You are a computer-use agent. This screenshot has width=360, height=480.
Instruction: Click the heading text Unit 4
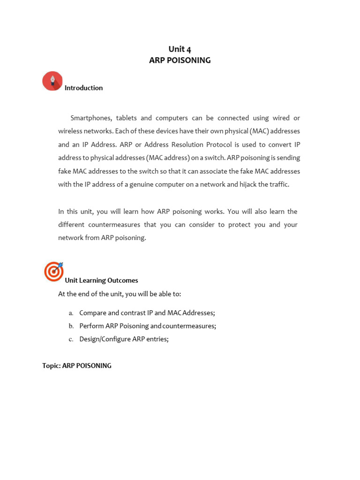pyautogui.click(x=180, y=49)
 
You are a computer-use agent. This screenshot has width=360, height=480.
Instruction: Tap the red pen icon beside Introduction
pyautogui.click(x=52, y=81)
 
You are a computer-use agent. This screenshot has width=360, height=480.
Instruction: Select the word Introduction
pyautogui.click(x=83, y=88)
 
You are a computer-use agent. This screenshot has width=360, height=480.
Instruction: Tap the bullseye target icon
pyautogui.click(x=53, y=271)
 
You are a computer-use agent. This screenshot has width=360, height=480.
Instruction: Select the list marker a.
pyautogui.click(x=71, y=313)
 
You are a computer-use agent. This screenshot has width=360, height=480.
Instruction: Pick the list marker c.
pyautogui.click(x=71, y=339)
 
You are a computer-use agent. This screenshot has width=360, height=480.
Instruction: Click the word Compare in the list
pyautogui.click(x=93, y=313)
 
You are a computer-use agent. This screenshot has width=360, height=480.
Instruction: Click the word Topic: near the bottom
pyautogui.click(x=51, y=366)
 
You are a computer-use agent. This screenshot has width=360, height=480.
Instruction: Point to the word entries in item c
pyautogui.click(x=156, y=339)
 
